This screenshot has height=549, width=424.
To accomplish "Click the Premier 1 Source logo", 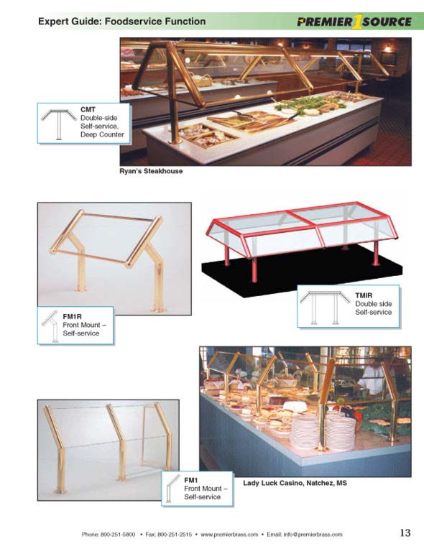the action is pos(354,22).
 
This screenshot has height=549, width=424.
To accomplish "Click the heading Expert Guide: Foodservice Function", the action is pos(122,22).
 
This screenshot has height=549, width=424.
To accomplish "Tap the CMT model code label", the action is pos(88,110).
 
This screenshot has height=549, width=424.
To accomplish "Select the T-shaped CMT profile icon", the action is pos(59,124).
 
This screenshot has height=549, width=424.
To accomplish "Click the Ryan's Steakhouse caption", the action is pos(151,171).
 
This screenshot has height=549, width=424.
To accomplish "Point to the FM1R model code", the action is pos(72,316).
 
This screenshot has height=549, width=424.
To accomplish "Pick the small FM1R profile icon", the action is pos(50,326).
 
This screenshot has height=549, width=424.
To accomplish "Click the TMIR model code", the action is pos(364,295).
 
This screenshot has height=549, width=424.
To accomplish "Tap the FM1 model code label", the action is pos(191,480).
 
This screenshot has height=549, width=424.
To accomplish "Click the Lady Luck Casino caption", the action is pos(295,483).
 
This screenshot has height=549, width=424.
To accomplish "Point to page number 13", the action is pos(405,532).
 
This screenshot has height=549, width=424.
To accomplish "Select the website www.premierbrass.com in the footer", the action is pos(229,535).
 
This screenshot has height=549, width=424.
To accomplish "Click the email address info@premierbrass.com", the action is pos(313,535).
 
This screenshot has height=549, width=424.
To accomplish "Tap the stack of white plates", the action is pos(322,431).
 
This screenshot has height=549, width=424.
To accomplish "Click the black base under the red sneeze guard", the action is pos(302,269).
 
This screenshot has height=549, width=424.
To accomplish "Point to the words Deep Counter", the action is pos(102,134).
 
